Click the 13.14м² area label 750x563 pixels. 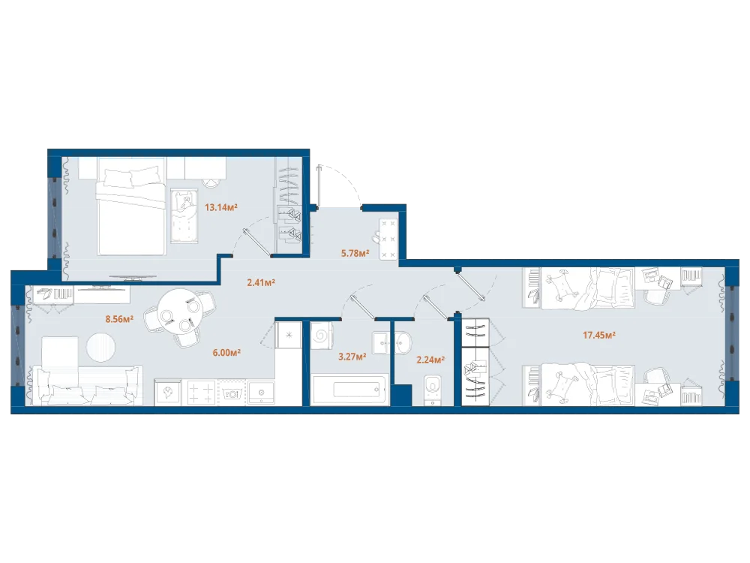click(x=221, y=207)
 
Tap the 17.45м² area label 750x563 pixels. click(x=598, y=335)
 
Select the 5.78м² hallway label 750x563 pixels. click(x=355, y=253)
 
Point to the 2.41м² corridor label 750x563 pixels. click(x=261, y=282)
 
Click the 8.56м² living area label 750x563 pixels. click(x=119, y=319)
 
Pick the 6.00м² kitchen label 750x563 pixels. click(x=226, y=353)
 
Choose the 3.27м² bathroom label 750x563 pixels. click(x=352, y=356)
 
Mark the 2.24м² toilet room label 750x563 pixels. click(x=430, y=360)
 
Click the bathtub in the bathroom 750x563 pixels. click(x=349, y=390)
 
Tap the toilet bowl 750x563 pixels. click(x=433, y=389)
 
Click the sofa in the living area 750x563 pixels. click(x=86, y=385)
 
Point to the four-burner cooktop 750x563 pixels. click(x=201, y=392)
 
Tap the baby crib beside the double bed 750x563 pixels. click(x=184, y=215)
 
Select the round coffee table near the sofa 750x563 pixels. click(x=101, y=347)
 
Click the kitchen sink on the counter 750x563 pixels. click(x=261, y=393)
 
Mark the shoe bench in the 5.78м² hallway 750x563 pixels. click(x=388, y=239)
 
